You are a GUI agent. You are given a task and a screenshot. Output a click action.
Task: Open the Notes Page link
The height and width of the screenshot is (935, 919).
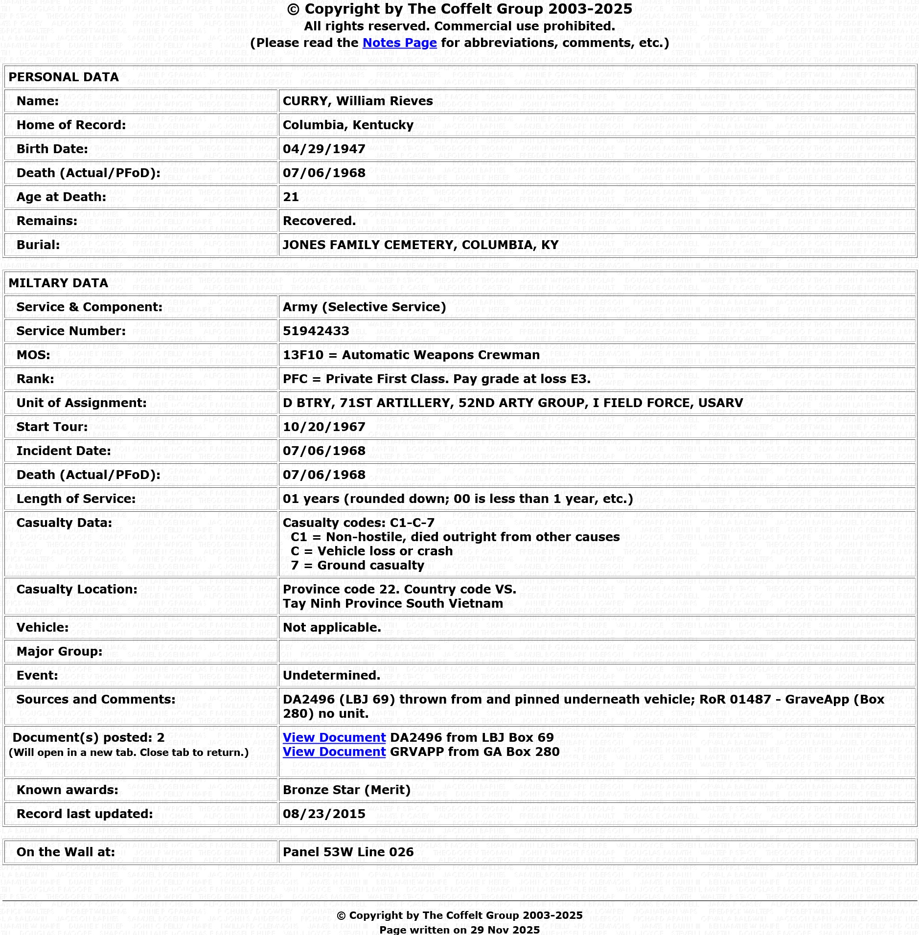coord(399,43)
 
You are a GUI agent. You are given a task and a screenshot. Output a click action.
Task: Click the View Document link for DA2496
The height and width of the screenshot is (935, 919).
coord(334,737)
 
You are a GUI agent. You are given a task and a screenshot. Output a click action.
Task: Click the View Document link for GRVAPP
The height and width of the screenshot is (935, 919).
coord(334,752)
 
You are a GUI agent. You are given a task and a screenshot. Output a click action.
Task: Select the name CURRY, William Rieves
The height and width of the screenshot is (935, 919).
coord(358,101)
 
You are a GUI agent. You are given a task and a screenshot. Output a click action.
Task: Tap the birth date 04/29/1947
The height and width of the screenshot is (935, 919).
coord(324,149)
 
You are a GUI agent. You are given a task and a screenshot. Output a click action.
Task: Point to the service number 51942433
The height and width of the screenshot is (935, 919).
coord(316,331)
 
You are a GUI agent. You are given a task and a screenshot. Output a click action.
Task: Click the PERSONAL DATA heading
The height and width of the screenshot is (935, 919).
coord(64,77)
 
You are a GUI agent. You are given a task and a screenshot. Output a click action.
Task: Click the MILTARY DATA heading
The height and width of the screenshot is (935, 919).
coord(58,283)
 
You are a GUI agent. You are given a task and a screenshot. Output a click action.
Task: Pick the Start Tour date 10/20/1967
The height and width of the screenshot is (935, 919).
coord(324,427)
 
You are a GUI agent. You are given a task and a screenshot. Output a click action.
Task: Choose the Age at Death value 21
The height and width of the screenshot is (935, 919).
coord(291,197)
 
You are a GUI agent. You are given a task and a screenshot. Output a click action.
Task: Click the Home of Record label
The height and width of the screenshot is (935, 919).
coord(71,125)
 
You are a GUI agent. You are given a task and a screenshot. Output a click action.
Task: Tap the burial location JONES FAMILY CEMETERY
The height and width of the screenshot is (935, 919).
coord(420,245)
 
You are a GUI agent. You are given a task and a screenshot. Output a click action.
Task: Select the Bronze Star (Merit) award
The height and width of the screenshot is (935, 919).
coord(346,790)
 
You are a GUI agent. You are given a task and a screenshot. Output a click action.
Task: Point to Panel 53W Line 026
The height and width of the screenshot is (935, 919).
coord(348,852)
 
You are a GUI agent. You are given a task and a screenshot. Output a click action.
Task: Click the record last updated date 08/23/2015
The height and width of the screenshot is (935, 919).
coord(324,814)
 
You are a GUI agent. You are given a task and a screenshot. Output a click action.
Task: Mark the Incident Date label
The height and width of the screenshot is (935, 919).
coord(64,451)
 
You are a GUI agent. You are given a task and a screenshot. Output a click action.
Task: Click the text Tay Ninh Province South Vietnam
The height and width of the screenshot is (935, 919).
coord(392,603)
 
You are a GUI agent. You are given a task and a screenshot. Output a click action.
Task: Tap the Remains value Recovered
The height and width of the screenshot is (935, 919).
coord(319,221)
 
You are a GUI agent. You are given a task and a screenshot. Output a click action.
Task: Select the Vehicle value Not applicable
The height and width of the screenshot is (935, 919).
coord(331,627)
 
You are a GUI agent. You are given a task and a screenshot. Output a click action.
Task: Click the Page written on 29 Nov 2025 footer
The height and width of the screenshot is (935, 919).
coord(459,929)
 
